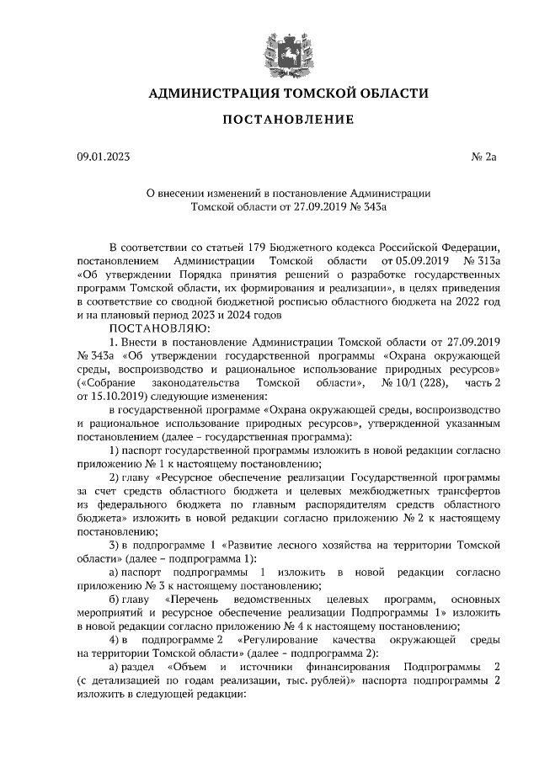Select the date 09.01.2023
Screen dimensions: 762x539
point(104,157)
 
